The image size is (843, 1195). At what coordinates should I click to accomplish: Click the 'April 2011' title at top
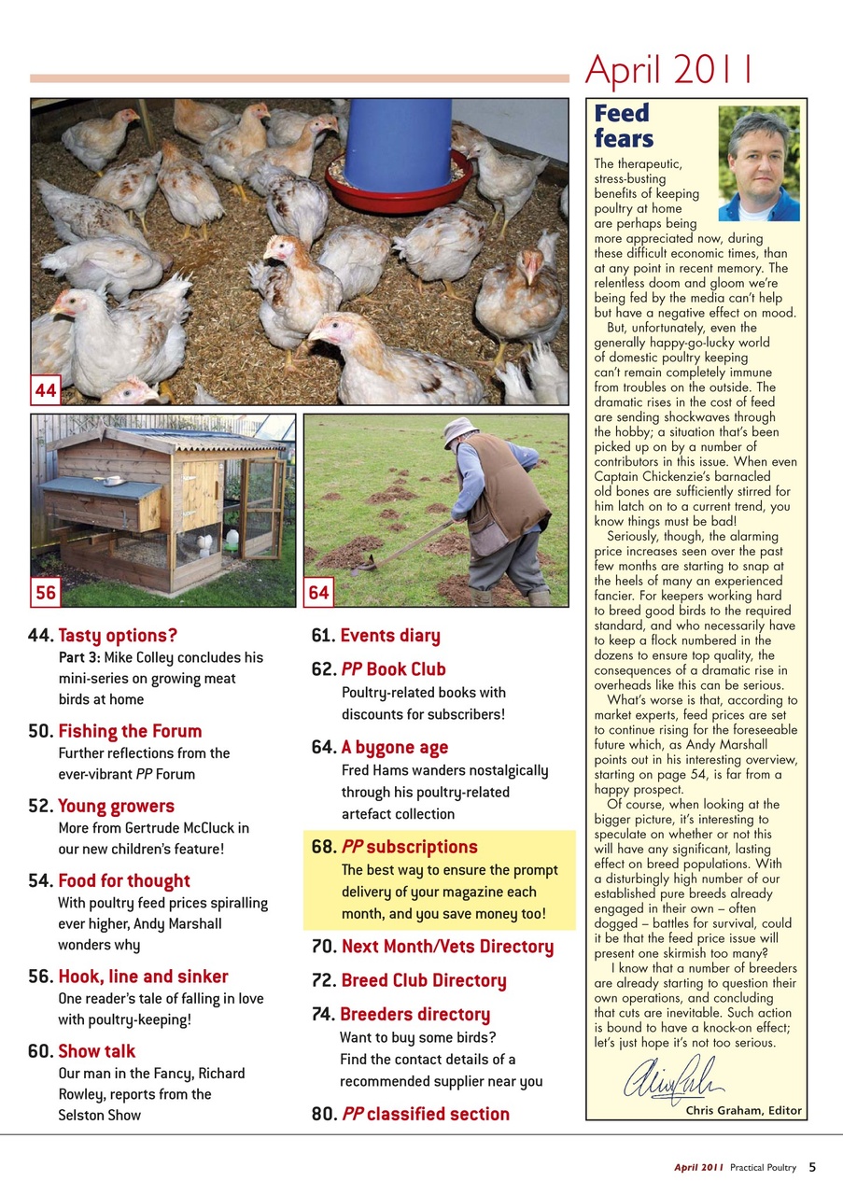[668, 69]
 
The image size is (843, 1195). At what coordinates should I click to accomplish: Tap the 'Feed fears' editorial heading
[624, 126]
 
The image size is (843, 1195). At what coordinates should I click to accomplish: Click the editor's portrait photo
[758, 163]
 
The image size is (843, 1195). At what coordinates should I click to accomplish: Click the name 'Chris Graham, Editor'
[743, 1110]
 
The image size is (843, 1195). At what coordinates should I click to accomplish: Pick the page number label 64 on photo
[319, 592]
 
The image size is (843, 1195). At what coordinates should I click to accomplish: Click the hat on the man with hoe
[459, 429]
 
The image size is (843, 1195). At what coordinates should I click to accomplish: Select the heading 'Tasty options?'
[118, 637]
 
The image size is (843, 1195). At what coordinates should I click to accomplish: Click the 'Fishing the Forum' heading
[130, 731]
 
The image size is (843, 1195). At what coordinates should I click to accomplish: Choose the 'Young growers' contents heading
[116, 806]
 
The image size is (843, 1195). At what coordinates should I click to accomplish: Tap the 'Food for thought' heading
[123, 880]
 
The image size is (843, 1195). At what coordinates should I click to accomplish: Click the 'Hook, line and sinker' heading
[143, 977]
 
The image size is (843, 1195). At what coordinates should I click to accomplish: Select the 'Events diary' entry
[389, 637]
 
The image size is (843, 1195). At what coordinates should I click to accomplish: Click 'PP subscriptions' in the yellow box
[409, 847]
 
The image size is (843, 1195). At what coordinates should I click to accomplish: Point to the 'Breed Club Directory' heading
[423, 981]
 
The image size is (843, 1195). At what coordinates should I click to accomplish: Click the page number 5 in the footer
[812, 1166]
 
